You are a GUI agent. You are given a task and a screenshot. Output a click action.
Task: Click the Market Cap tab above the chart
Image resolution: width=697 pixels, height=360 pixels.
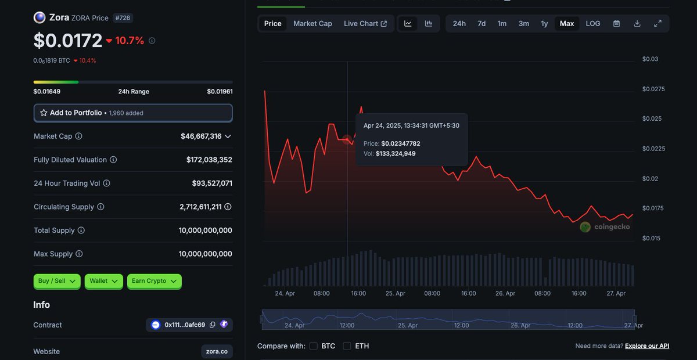[x=312, y=24]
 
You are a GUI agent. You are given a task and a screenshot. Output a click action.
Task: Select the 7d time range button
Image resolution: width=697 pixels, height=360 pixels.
[x=482, y=24]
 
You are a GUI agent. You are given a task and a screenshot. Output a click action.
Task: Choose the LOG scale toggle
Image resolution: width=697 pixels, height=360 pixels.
[x=593, y=24]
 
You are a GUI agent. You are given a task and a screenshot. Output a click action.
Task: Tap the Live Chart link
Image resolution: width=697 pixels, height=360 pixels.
[x=365, y=24]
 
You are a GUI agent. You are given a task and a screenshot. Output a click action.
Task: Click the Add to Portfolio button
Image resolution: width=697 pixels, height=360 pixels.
[x=133, y=113]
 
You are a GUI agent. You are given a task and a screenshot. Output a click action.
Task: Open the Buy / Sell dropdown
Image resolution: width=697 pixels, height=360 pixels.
[x=57, y=281]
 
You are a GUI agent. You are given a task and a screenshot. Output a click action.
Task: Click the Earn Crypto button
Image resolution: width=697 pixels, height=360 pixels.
[x=154, y=281]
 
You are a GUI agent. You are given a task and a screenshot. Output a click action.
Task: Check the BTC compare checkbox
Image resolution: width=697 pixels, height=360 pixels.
[x=314, y=346]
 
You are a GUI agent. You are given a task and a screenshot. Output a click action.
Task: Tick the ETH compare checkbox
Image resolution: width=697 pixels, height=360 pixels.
[x=347, y=346]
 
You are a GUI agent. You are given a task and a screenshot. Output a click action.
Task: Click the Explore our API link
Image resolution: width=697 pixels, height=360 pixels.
[x=647, y=346]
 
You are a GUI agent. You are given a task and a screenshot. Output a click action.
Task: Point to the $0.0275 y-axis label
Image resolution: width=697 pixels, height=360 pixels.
[x=653, y=89]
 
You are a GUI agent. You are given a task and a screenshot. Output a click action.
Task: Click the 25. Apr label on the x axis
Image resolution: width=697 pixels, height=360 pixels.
[x=396, y=293]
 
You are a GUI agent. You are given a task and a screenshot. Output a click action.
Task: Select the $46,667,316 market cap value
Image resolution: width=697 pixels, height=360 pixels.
[x=201, y=136]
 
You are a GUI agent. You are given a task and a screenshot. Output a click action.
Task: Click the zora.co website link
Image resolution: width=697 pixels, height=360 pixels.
[x=217, y=351]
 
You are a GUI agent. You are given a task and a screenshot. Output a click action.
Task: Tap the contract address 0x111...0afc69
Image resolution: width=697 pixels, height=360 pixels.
[x=185, y=325]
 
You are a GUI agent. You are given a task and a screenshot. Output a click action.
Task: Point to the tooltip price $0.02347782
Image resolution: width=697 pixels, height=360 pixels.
[x=400, y=143]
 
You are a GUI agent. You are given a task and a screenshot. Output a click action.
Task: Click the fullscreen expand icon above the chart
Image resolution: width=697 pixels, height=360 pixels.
[x=658, y=24]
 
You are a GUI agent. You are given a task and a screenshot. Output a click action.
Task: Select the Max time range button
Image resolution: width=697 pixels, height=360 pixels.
[x=567, y=24]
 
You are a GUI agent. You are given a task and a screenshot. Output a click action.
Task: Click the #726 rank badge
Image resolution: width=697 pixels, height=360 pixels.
[x=123, y=18]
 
